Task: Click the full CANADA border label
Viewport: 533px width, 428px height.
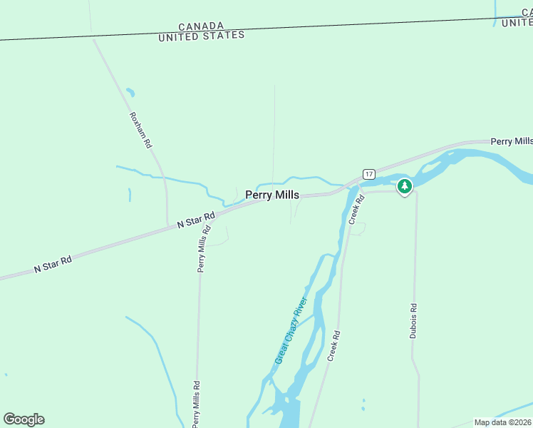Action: click(200, 26)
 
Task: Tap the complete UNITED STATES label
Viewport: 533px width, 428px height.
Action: click(202, 35)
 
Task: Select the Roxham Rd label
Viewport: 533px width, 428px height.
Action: click(140, 130)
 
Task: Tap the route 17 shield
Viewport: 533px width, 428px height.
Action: click(368, 174)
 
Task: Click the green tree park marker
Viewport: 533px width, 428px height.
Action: click(405, 186)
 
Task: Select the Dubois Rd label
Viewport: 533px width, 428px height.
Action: click(413, 321)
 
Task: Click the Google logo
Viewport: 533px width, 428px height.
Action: click(24, 419)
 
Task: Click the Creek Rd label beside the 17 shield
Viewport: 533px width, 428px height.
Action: click(356, 210)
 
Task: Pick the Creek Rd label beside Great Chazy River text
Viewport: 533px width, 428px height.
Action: click(333, 345)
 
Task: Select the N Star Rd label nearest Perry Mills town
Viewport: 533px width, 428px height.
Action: click(196, 220)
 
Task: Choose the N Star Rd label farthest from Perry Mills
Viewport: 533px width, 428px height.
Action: click(53, 265)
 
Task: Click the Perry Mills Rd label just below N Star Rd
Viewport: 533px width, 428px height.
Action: click(205, 248)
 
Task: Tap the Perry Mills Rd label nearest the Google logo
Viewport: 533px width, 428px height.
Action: click(195, 404)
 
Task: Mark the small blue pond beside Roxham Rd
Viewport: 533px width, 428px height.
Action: click(130, 93)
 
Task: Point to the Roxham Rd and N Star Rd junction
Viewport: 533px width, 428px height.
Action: click(167, 225)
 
